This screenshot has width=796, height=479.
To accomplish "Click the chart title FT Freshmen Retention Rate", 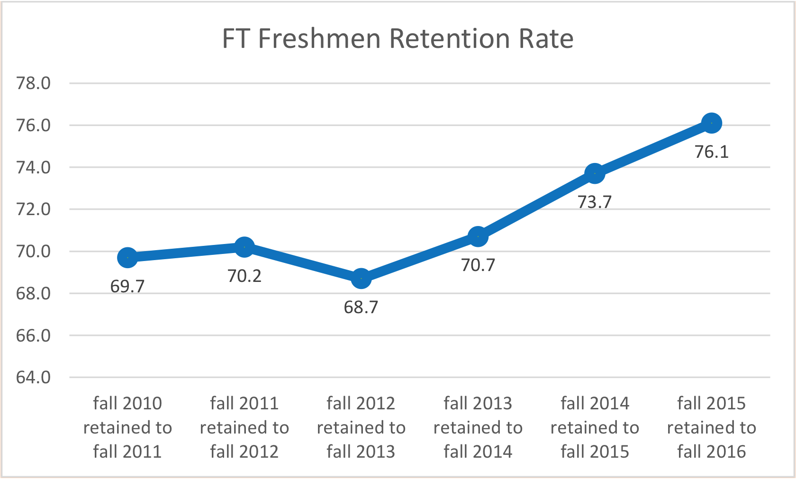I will click(x=398, y=38).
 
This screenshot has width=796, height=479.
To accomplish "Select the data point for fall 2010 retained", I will click(x=127, y=257).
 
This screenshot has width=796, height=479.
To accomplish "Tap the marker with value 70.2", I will click(x=244, y=247).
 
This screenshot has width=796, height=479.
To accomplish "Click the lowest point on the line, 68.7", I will click(x=361, y=279).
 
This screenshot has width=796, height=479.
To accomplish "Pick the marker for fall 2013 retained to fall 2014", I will click(x=478, y=236).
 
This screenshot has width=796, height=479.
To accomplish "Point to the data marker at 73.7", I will click(x=595, y=173).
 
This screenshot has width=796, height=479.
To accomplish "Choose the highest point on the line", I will click(x=711, y=123).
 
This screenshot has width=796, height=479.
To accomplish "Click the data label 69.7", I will click(x=127, y=287).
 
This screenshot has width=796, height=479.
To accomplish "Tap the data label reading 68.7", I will click(x=361, y=307).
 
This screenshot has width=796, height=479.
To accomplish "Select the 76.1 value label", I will click(x=711, y=152).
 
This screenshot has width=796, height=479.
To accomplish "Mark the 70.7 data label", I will click(x=478, y=265).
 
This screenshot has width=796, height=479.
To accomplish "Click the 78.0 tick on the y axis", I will click(x=34, y=83).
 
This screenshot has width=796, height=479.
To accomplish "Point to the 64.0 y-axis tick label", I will click(x=34, y=378).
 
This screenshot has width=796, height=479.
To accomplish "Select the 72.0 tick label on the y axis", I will click(x=34, y=209).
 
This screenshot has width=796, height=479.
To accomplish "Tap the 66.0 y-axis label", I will click(x=34, y=335).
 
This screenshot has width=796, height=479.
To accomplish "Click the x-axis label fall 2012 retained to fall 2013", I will click(x=361, y=427).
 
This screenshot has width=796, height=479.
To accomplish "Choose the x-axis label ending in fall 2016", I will click(x=711, y=427).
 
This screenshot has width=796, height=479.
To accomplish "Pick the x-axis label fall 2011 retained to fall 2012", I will click(x=244, y=427).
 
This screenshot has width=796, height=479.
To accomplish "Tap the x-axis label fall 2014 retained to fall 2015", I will click(x=595, y=427).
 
